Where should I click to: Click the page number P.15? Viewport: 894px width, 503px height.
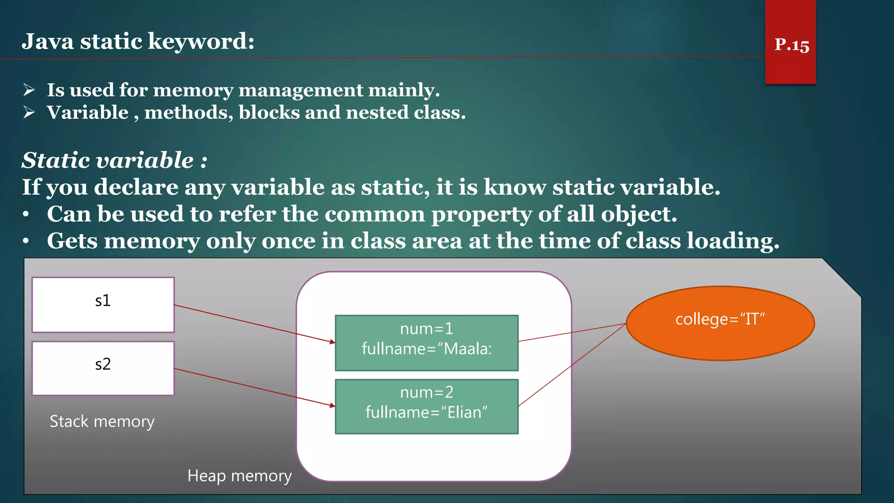[x=791, y=45]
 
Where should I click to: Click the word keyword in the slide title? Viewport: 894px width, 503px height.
[x=201, y=41]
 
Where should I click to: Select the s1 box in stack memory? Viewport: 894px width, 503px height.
[x=103, y=305]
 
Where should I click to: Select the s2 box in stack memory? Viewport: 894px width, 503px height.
[x=103, y=368]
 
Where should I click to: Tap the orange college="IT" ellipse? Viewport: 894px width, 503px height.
[x=720, y=323]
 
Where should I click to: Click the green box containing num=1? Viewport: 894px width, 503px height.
[x=426, y=343]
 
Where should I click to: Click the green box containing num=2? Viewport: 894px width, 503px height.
[x=426, y=406]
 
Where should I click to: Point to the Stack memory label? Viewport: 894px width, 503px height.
[x=102, y=421]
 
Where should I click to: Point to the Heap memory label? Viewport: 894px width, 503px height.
[x=239, y=475]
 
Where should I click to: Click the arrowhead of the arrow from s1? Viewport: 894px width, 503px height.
[x=333, y=342]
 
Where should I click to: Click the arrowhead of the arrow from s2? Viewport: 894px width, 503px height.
[x=333, y=406]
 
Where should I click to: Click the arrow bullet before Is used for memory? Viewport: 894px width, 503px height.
[x=29, y=90]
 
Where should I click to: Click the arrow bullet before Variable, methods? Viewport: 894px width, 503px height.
[x=29, y=112]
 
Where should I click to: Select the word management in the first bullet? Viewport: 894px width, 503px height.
[x=300, y=90]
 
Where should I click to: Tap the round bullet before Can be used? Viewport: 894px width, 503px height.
[x=26, y=214]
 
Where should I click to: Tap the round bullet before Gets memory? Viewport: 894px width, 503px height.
[x=26, y=241]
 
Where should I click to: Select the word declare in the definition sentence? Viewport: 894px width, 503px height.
[x=136, y=187]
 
